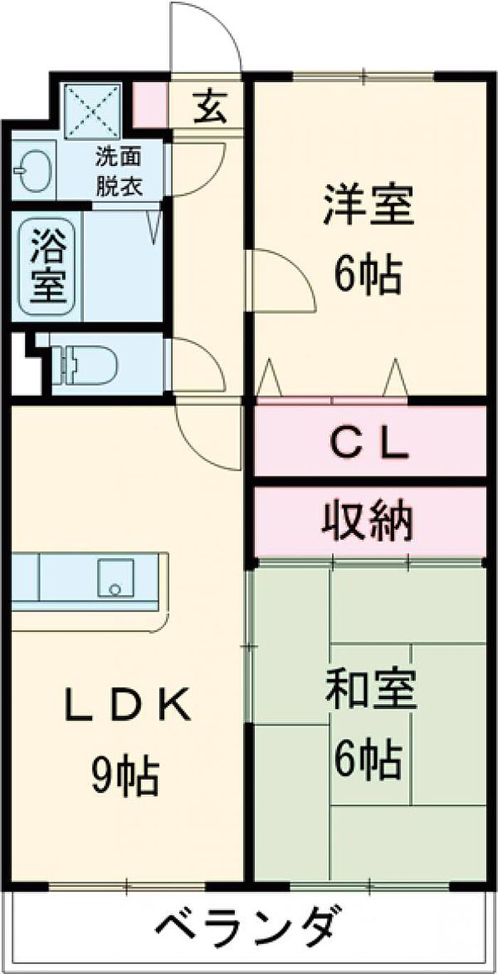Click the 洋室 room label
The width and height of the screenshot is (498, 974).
pyautogui.click(x=369, y=205)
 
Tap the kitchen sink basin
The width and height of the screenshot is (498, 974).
pyautogui.click(x=116, y=577)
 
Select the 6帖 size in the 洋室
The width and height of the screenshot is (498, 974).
pyautogui.click(x=369, y=274)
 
